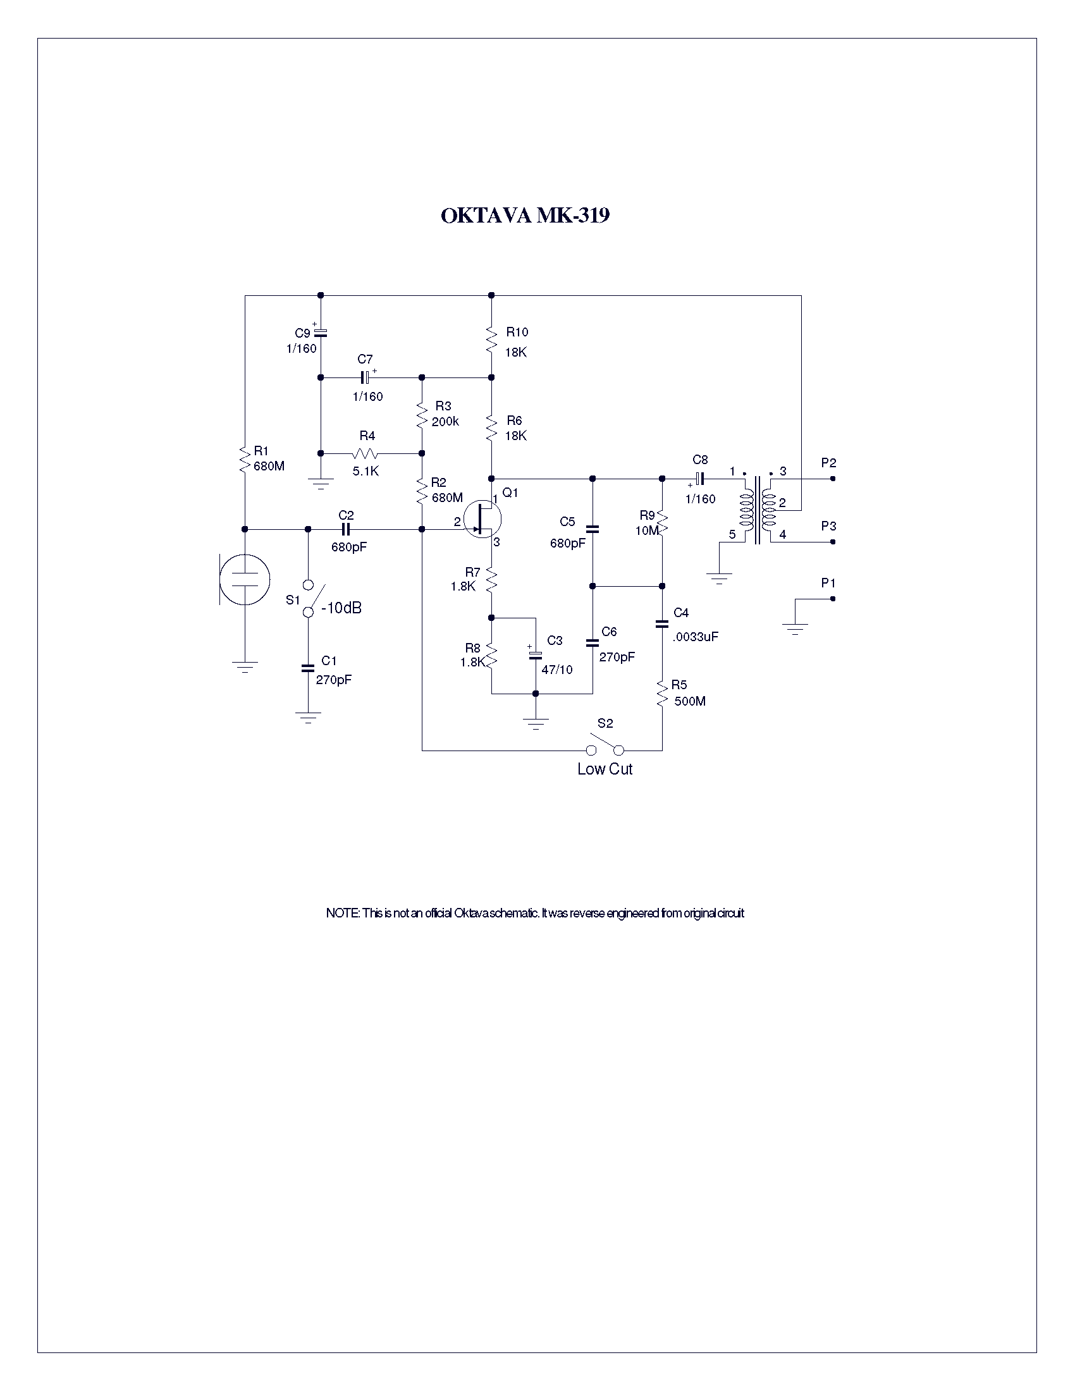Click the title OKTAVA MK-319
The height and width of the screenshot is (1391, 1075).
click(x=525, y=215)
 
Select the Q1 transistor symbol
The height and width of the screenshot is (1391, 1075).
click(x=482, y=520)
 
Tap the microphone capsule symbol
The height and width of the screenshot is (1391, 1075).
click(x=244, y=579)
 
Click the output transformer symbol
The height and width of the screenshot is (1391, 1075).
click(x=758, y=510)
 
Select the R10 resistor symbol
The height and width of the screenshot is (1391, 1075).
click(x=491, y=340)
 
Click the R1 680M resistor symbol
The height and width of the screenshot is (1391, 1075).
click(x=245, y=458)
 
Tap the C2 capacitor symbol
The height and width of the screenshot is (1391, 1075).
click(x=346, y=529)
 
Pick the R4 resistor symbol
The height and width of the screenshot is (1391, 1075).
click(x=365, y=453)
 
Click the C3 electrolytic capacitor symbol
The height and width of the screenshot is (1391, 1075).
click(x=536, y=655)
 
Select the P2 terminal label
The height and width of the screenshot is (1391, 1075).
click(x=828, y=463)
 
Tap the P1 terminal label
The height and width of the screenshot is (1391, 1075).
click(x=828, y=583)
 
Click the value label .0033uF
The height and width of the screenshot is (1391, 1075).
click(x=695, y=636)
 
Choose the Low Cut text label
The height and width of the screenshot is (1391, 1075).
click(x=605, y=769)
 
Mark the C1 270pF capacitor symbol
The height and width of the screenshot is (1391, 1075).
click(x=308, y=668)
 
